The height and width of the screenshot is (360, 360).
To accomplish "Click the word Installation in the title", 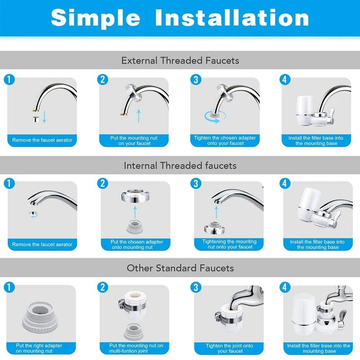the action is pyautogui.click(x=232, y=17).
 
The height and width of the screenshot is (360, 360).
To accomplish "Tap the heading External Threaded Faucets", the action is pyautogui.click(x=180, y=60).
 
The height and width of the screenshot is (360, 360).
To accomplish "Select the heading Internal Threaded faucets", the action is pyautogui.click(x=180, y=165).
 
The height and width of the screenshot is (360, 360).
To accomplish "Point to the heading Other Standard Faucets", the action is pyautogui.click(x=180, y=268).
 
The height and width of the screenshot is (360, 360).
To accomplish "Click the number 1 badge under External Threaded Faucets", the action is pyautogui.click(x=9, y=80).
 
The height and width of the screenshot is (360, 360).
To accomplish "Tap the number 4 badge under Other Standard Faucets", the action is pyautogui.click(x=285, y=287).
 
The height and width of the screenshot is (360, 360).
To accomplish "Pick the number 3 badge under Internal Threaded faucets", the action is pyautogui.click(x=196, y=184).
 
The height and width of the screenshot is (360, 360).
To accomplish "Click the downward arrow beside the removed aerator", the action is pyautogui.click(x=45, y=117).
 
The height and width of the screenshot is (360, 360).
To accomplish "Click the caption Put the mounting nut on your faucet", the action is pyautogui.click(x=134, y=140).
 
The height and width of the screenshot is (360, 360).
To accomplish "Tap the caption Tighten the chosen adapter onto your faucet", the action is pyautogui.click(x=225, y=140).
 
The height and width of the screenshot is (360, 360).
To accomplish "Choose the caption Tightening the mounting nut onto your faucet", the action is pyautogui.click(x=229, y=244).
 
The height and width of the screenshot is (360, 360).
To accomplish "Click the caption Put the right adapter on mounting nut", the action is pyautogui.click(x=39, y=348).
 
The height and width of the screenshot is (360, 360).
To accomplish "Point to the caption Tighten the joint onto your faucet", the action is pyautogui.click(x=229, y=348).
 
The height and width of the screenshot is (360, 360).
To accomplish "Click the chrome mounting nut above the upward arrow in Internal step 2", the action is pyautogui.click(x=135, y=196).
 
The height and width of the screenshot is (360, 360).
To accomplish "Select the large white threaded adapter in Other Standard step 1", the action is pyautogui.click(x=40, y=317).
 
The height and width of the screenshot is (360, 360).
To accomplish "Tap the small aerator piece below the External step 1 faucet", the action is pyautogui.click(x=36, y=120).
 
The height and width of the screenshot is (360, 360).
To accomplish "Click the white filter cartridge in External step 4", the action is pyautogui.click(x=305, y=111).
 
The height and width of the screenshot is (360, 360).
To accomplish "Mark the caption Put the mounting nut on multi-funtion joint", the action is pyautogui.click(x=136, y=348).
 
